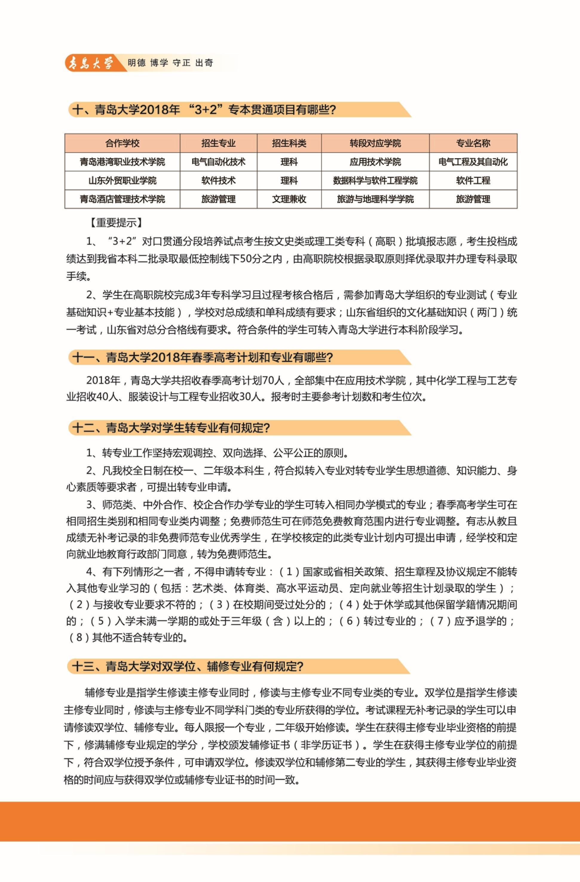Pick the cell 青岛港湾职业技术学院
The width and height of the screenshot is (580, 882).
click(122, 162)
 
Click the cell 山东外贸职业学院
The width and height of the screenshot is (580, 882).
click(122, 181)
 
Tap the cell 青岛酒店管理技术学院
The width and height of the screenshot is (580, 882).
click(122, 199)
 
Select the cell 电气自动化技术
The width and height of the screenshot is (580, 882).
click(218, 162)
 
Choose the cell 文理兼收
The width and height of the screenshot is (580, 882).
click(289, 199)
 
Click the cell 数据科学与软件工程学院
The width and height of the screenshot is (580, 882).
click(375, 181)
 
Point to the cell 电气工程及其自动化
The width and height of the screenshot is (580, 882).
click(473, 162)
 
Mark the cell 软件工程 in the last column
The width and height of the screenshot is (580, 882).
click(473, 181)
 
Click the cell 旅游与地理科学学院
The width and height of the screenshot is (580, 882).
click(375, 199)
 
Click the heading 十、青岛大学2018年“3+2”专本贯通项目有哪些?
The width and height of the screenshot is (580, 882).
click(204, 110)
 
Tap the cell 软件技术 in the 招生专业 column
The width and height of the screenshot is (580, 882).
click(218, 181)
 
